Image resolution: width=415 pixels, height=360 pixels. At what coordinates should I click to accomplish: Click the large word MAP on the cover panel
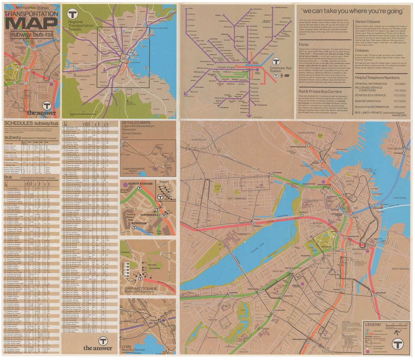(x=32, y=24)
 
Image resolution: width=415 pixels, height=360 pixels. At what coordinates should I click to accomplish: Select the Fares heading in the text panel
(x=304, y=44)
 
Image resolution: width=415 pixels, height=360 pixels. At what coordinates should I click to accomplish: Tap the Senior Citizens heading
(x=367, y=22)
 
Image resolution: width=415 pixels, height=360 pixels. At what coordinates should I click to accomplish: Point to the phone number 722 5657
(x=400, y=84)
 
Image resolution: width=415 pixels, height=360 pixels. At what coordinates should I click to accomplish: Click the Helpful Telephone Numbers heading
(x=377, y=78)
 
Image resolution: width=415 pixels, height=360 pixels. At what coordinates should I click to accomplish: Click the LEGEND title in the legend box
(x=373, y=324)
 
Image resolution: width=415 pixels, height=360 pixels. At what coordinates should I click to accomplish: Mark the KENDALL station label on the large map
(x=257, y=226)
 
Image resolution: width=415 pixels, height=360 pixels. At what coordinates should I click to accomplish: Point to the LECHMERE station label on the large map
(x=277, y=173)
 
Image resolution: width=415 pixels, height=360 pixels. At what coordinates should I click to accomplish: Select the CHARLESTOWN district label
(x=306, y=133)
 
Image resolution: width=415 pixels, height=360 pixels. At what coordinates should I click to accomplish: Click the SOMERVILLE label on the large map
(x=199, y=140)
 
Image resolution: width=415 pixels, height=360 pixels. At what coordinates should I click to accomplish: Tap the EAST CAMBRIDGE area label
(x=237, y=198)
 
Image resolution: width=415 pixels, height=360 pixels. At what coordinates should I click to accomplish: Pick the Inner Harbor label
(x=400, y=198)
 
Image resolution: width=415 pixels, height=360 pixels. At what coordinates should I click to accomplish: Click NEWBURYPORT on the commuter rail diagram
(x=281, y=8)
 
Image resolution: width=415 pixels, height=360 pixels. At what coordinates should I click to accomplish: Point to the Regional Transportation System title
(x=81, y=26)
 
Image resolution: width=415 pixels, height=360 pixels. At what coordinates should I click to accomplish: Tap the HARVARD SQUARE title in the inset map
(x=141, y=289)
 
